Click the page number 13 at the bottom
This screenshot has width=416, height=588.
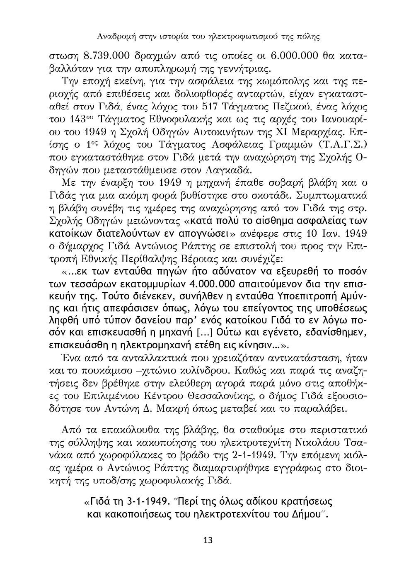coord(208,540)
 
